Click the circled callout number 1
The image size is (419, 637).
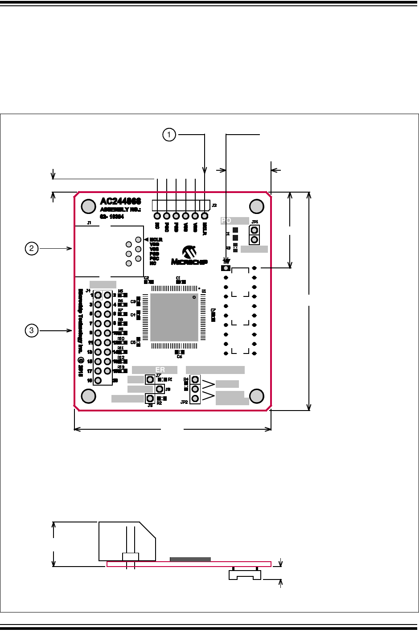169,134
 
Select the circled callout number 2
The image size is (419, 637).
32,248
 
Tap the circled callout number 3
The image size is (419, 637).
32,330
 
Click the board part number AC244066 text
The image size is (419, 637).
120,201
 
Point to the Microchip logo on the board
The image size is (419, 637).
189,256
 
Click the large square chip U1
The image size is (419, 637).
174,317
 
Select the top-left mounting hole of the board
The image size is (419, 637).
89,206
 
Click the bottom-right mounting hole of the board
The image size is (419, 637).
257,396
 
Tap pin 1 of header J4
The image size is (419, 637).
98,295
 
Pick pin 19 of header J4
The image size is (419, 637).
98,380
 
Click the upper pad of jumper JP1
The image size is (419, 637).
255,230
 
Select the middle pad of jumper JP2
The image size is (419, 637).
195,389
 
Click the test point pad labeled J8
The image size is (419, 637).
160,389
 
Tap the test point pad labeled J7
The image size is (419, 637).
150,379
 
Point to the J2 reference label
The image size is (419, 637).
214,205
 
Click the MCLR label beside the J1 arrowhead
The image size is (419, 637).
156,240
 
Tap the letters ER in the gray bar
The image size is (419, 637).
160,370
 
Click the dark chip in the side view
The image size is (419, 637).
190,559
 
